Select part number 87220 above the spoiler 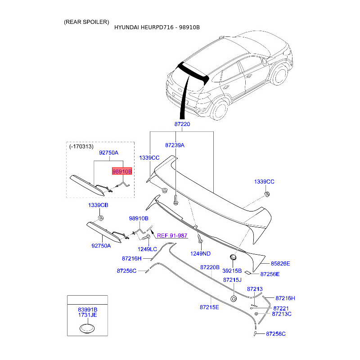182,124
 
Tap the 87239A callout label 175,145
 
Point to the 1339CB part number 98,205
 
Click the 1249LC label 147,249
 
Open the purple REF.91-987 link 172,235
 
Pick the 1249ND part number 201,253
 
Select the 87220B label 210,267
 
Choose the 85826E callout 280,263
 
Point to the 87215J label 233,280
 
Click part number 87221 281,308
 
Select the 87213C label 282,314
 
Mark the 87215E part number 209,307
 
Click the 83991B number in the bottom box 87,310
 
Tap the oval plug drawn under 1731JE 87,329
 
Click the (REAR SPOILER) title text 86,22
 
